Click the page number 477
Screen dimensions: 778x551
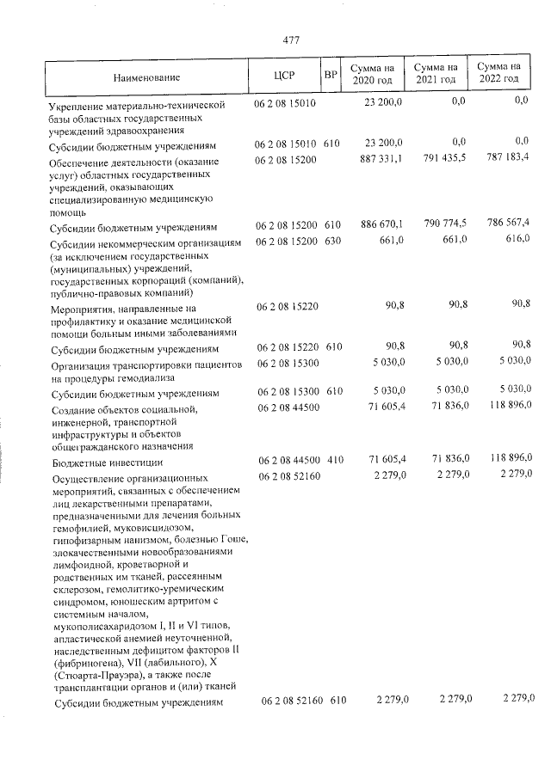click(290, 40)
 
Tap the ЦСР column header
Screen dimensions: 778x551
click(284, 75)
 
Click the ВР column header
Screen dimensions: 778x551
click(330, 75)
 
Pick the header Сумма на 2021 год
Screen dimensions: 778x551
click(435, 74)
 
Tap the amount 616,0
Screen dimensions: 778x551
click(517, 239)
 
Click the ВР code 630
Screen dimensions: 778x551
click(333, 240)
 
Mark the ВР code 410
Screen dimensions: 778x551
click(334, 460)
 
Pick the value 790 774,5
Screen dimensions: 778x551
click(443, 224)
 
